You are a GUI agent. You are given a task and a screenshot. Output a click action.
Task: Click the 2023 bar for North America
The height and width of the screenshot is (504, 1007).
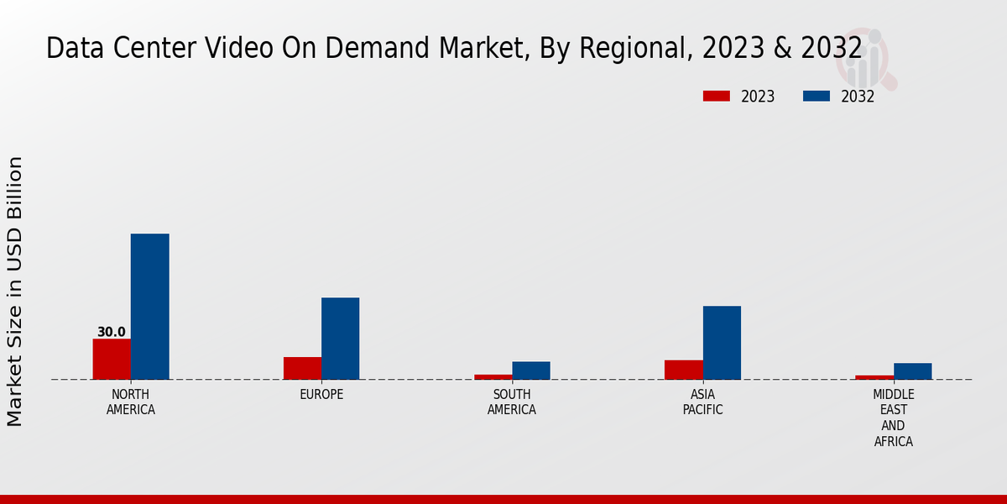click(x=112, y=359)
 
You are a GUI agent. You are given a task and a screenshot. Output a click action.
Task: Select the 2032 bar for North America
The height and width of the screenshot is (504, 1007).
click(x=149, y=307)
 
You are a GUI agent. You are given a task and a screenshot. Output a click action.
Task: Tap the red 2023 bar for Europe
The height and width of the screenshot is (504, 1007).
click(x=302, y=368)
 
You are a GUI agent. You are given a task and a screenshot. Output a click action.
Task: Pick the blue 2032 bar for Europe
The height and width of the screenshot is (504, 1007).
click(x=340, y=339)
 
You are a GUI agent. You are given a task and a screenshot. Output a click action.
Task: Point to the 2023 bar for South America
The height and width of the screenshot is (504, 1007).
click(x=493, y=377)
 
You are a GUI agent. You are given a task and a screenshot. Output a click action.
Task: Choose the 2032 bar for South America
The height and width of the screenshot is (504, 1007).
click(x=531, y=370)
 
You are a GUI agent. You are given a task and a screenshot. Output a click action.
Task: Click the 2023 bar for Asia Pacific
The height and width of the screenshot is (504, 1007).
click(x=683, y=370)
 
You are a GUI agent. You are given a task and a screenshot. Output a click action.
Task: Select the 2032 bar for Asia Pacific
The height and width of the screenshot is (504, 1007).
click(x=722, y=343)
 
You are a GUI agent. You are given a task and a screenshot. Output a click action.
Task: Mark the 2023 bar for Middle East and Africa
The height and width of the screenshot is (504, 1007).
click(x=874, y=377)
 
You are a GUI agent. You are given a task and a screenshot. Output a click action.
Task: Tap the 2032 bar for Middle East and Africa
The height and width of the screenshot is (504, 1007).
click(x=912, y=371)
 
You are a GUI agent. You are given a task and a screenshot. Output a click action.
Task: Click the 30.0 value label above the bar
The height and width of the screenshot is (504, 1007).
click(x=112, y=332)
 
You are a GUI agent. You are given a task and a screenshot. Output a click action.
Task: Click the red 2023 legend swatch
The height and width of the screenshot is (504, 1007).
click(x=716, y=97)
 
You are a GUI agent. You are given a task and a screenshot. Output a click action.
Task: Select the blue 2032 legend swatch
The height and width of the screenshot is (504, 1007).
click(x=816, y=97)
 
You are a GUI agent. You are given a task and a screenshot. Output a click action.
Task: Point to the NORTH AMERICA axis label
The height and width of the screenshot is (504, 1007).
click(x=131, y=402)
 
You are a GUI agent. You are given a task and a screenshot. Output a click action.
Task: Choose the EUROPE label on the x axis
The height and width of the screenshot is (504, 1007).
click(x=321, y=395)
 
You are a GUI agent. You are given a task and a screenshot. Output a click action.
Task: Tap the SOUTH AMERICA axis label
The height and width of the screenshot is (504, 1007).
click(x=512, y=402)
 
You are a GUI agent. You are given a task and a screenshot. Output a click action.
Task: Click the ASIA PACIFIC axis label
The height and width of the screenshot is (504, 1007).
click(x=702, y=402)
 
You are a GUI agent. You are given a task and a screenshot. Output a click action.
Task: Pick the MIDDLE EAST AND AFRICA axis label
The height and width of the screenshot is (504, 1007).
click(x=894, y=417)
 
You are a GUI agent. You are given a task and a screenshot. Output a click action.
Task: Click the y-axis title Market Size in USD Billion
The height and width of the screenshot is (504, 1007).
click(x=15, y=291)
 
